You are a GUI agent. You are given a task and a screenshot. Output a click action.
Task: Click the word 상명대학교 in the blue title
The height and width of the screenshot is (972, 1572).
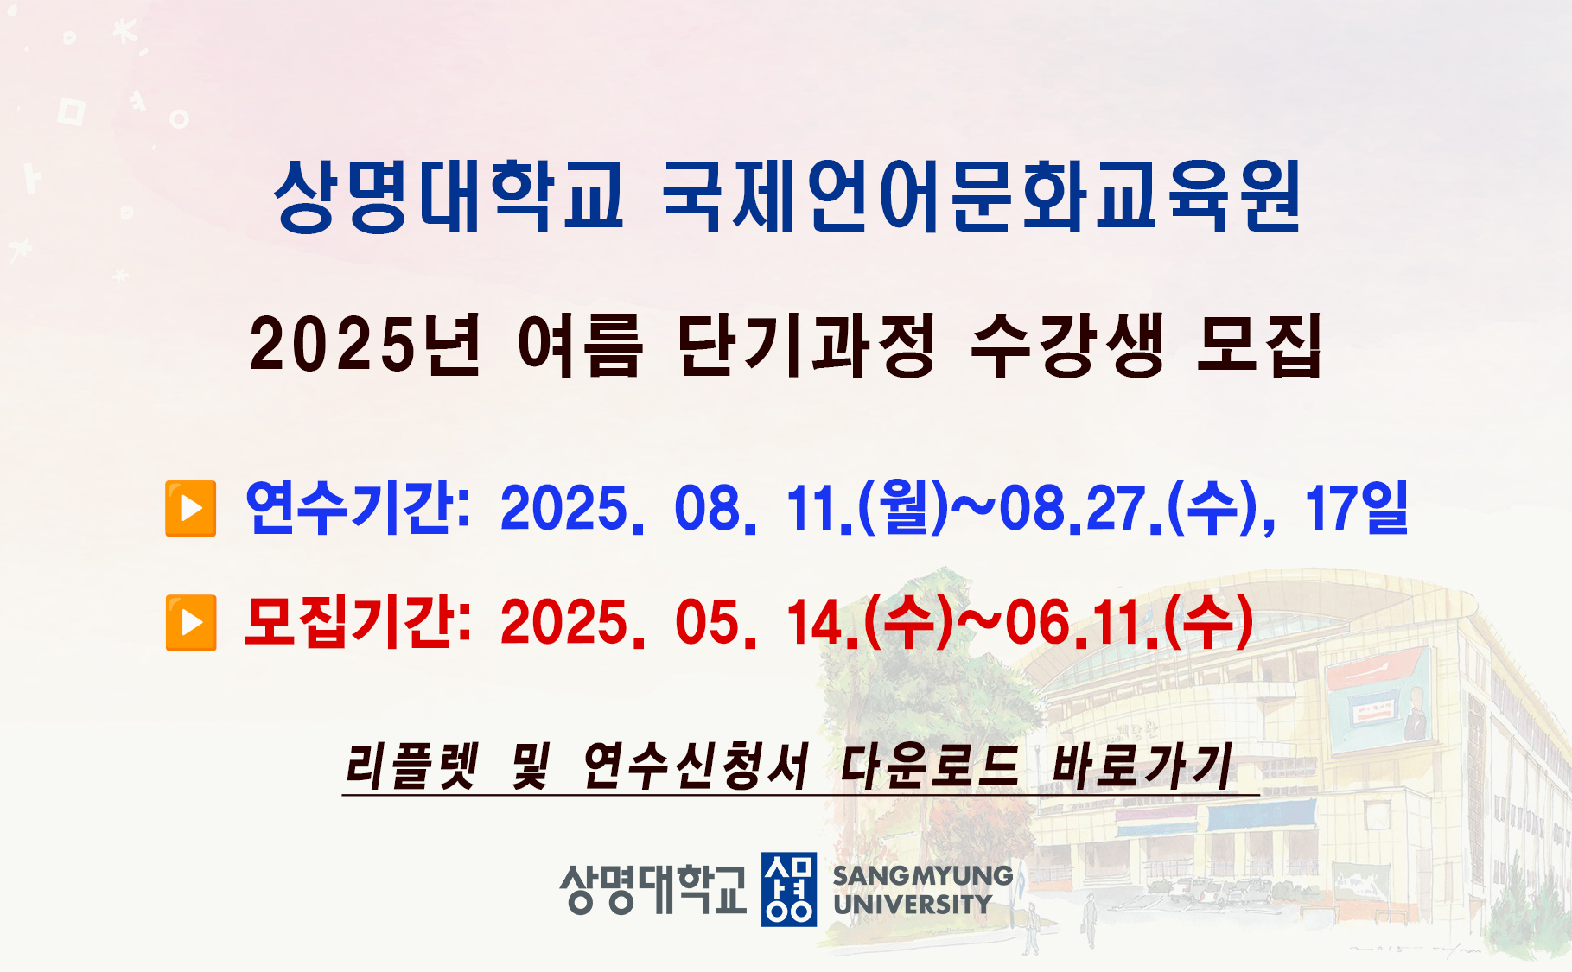[449, 197]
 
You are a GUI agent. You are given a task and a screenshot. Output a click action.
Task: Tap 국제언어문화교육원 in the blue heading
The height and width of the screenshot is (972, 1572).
[982, 197]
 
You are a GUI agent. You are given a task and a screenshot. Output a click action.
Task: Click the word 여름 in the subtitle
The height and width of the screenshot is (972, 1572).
[580, 345]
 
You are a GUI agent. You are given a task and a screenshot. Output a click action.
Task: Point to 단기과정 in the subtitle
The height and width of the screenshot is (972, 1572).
[806, 345]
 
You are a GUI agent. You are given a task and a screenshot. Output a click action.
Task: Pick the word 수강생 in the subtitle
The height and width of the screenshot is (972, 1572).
[1066, 345]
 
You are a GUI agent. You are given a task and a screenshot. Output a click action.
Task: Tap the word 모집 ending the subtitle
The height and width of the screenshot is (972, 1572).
[1259, 345]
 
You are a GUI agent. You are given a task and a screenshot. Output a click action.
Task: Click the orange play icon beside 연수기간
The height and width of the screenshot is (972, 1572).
[191, 509]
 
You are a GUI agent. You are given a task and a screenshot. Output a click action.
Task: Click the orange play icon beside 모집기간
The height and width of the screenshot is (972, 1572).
[191, 622]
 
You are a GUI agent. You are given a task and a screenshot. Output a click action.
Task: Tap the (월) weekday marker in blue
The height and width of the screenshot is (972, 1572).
[902, 507]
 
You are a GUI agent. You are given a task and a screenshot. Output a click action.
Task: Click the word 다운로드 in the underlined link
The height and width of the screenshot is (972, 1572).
[930, 766]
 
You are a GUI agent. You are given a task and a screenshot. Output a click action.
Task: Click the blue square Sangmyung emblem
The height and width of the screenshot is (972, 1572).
[788, 889]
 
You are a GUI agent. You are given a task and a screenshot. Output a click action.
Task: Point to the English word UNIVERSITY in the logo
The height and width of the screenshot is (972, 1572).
[913, 905]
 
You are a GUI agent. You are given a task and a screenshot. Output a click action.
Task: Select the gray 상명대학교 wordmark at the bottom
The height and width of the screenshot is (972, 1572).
[652, 889]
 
